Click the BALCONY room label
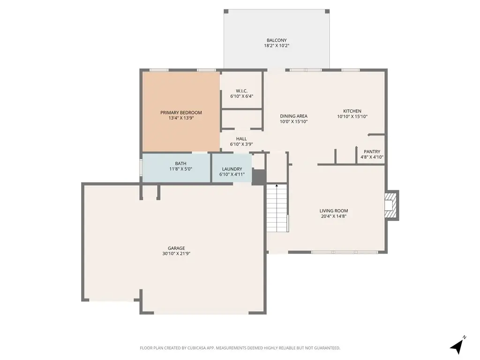click(x=276, y=40)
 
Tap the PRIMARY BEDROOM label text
click(x=181, y=112)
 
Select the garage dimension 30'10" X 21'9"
click(x=176, y=254)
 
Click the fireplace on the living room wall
click(x=390, y=205)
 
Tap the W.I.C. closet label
click(x=241, y=90)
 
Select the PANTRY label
click(x=372, y=151)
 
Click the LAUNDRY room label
click(x=232, y=169)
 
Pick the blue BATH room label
click(x=180, y=164)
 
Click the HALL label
click(x=241, y=139)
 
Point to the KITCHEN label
click(x=352, y=111)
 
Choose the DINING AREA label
click(x=293, y=116)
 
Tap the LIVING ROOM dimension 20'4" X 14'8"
click(x=334, y=216)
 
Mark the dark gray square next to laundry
click(x=259, y=177)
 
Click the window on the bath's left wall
click(x=141, y=168)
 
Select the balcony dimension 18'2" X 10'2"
click(x=276, y=46)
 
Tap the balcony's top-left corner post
click(x=226, y=11)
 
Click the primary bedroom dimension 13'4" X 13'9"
click(x=181, y=118)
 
